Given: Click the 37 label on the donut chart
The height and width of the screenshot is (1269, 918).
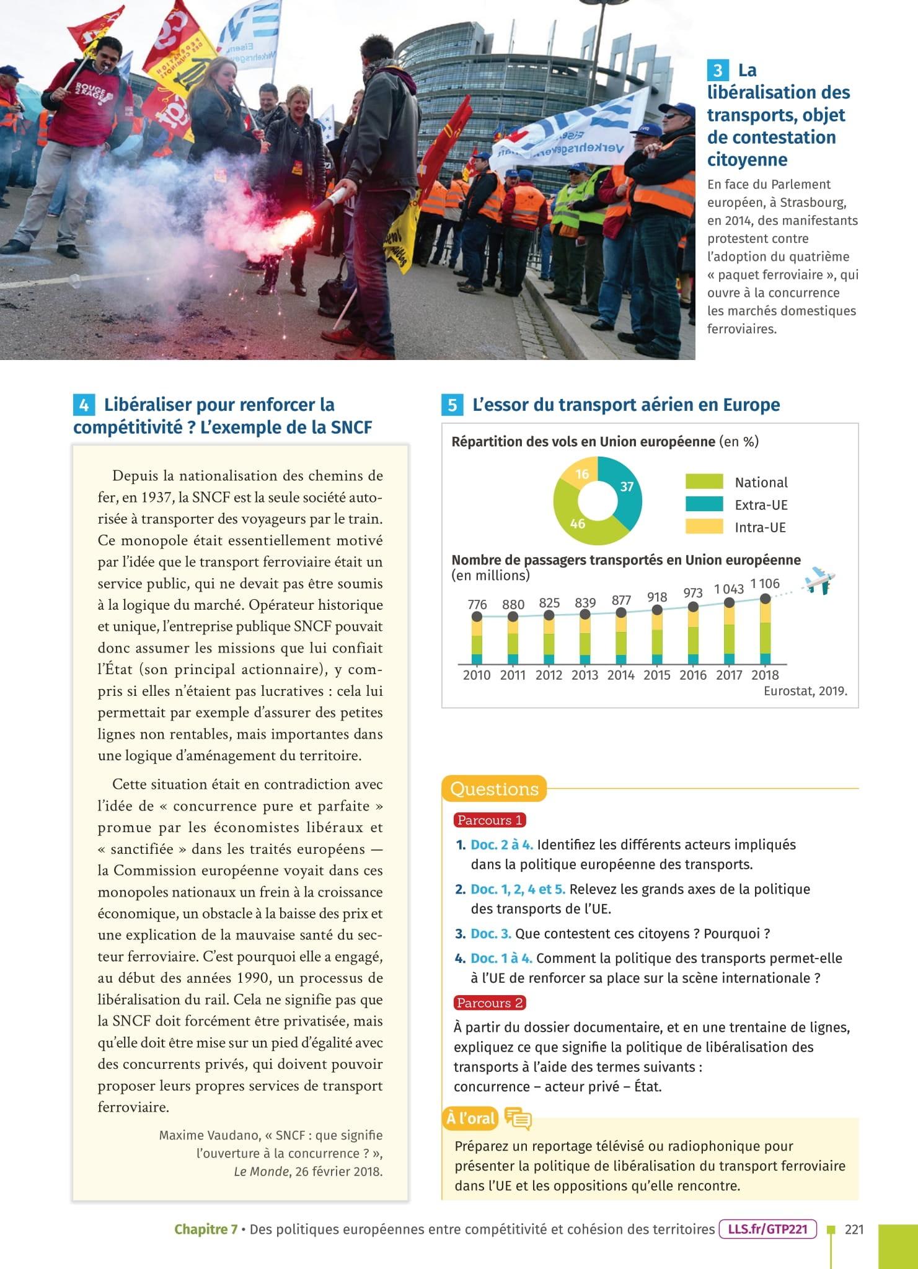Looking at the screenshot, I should point(627,486).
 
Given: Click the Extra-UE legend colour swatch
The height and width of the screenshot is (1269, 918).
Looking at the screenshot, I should point(704,504).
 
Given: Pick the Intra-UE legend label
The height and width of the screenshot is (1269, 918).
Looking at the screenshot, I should point(760,527).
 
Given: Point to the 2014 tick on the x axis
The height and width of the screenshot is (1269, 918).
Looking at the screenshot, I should point(620,675).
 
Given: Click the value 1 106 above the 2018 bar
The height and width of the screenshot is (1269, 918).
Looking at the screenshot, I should point(765,584).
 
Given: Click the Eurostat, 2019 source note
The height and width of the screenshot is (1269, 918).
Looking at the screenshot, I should point(805,691).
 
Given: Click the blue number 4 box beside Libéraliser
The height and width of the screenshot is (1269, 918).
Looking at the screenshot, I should point(84,406).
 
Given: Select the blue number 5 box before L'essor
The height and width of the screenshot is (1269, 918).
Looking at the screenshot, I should point(452,406).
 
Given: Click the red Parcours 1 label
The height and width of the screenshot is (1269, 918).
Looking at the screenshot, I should point(490,820).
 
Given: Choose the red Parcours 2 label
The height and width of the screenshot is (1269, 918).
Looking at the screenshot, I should point(490,1003).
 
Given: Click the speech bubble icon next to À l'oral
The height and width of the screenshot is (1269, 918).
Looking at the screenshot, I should point(518,1118).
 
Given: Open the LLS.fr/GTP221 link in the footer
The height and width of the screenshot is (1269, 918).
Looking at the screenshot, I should point(768,1229).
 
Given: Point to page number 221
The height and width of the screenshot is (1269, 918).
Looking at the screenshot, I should point(854,1229).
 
